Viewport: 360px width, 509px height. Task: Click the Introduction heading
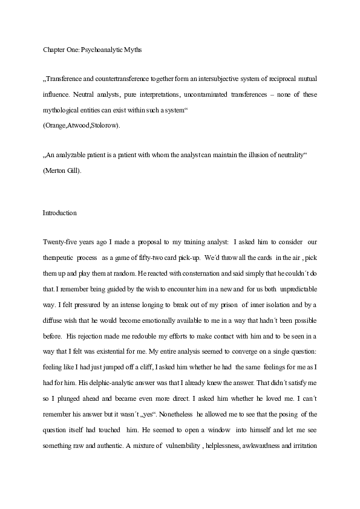pyautogui.click(x=59, y=213)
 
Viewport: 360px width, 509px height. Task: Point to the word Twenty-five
pyautogui.click(x=59, y=242)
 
